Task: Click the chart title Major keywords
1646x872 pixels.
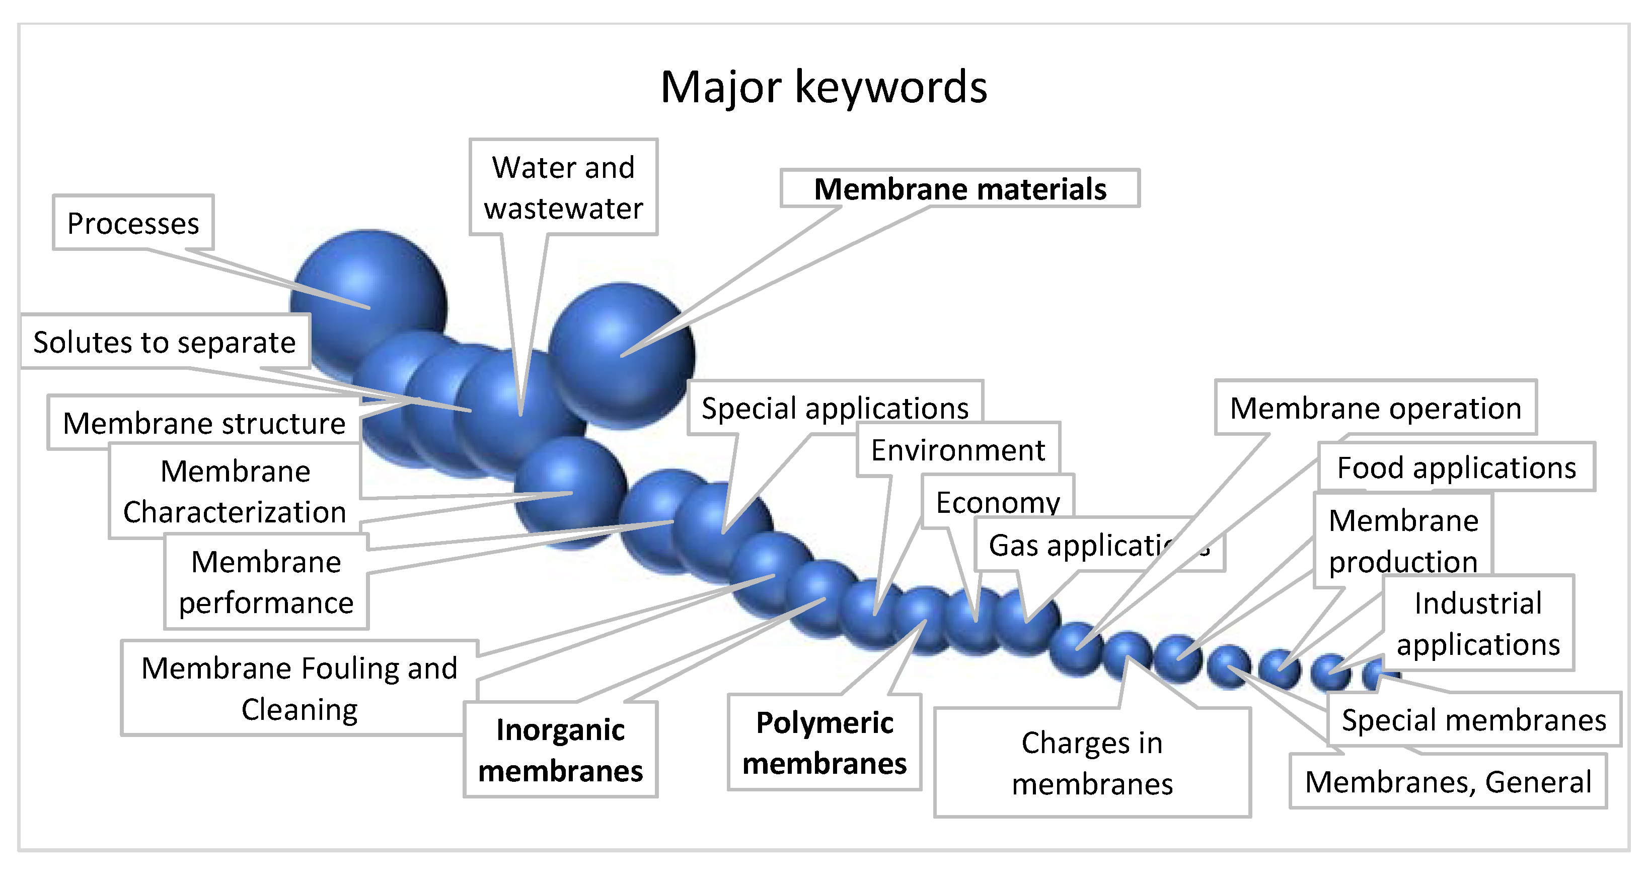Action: [x=823, y=87]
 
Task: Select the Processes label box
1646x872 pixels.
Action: [x=133, y=223]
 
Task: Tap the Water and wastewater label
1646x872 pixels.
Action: [x=563, y=187]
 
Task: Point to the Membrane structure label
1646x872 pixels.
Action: [x=204, y=423]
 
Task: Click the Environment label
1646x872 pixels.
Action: [x=957, y=450]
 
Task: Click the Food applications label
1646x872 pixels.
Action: [x=1456, y=467]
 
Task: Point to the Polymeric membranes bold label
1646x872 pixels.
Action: [x=825, y=743]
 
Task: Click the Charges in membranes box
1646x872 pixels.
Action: [x=1091, y=763]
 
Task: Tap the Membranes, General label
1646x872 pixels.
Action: [x=1447, y=781]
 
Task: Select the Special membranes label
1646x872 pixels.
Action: [x=1473, y=720]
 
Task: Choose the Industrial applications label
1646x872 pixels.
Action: [x=1477, y=623]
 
